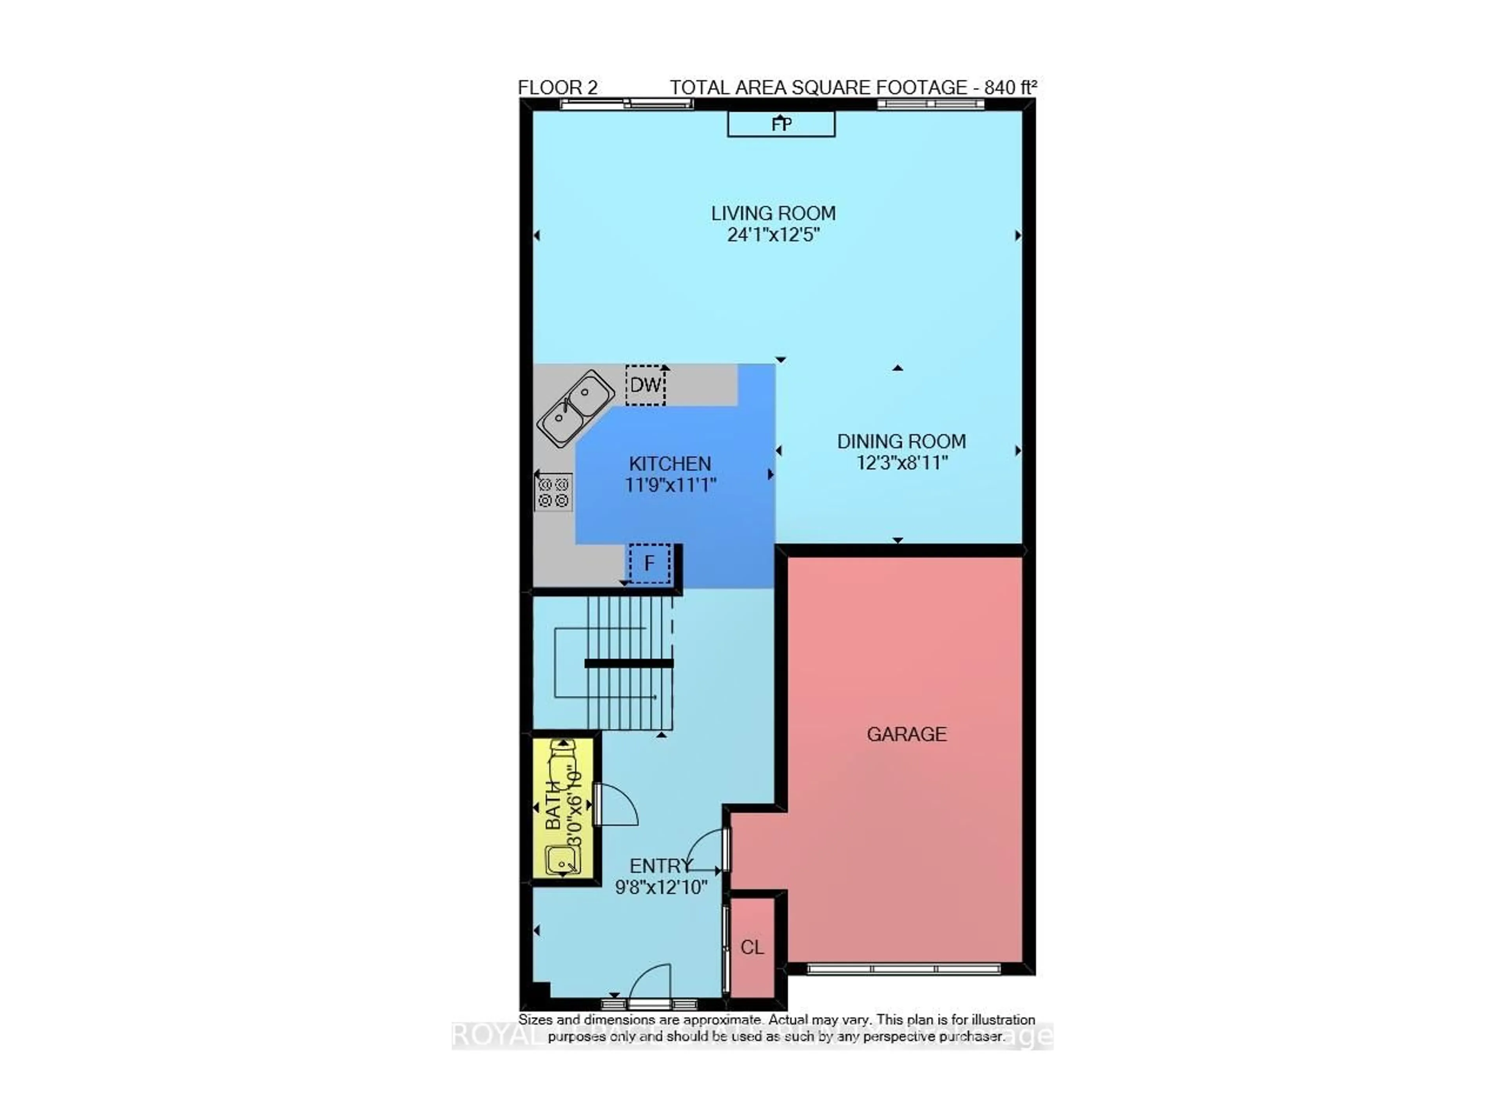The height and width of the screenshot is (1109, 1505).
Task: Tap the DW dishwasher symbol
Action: (x=645, y=385)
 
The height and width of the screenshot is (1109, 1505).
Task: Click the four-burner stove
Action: (x=553, y=492)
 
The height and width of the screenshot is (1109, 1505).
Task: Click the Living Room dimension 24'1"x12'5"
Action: (x=773, y=235)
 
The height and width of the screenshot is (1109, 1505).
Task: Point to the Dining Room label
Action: (x=901, y=441)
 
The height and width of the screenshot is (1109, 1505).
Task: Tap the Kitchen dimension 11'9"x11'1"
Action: (x=670, y=485)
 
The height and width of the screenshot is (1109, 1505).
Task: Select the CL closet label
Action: (x=751, y=947)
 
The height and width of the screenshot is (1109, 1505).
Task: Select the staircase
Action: (x=614, y=663)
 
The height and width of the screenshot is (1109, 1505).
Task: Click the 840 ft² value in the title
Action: (x=1010, y=88)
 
